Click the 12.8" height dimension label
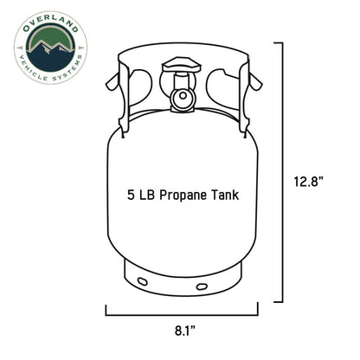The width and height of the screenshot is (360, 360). tap(308, 182)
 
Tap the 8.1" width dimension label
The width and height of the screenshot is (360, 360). tap(185, 331)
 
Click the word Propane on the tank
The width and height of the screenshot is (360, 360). tap(183, 196)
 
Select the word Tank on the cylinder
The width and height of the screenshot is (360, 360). tap(225, 195)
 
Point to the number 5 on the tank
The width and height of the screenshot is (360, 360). tap(132, 195)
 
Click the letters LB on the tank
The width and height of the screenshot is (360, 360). tap(147, 195)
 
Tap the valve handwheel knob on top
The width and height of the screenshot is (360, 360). tap(182, 65)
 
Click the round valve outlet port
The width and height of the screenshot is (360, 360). tap(183, 95)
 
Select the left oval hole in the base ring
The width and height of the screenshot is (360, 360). tap(143, 281)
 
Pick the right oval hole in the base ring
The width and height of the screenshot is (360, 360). tap(202, 286)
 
